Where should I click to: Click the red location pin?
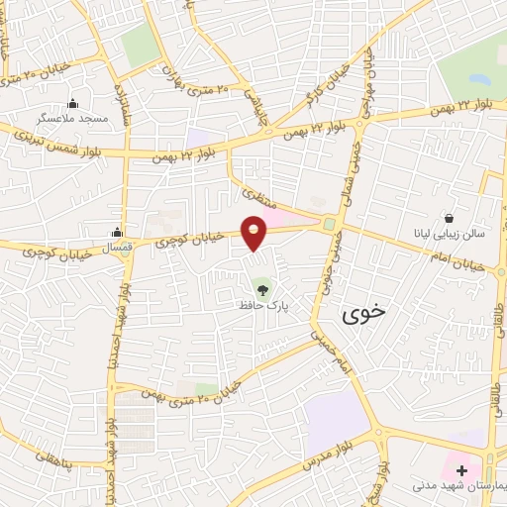pos(254,232)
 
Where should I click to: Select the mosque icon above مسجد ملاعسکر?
pos(72,104)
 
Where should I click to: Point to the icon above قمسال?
pos(118,233)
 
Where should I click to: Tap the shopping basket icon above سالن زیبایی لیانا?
pos(451,218)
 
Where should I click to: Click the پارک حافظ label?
pos(262,306)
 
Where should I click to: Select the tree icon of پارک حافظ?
pos(262,290)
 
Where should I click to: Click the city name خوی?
pos(363,315)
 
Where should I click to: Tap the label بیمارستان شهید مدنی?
pos(457,488)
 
